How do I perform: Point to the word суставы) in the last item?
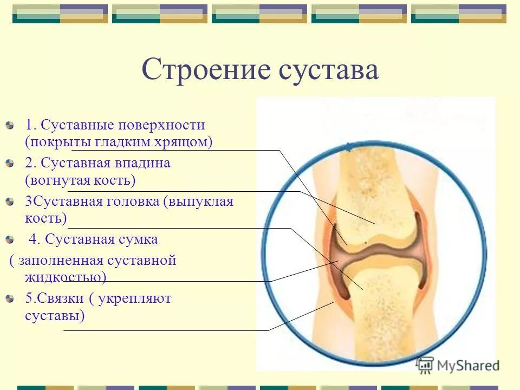tap(55, 315)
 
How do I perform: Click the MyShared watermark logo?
tap(458, 365)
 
